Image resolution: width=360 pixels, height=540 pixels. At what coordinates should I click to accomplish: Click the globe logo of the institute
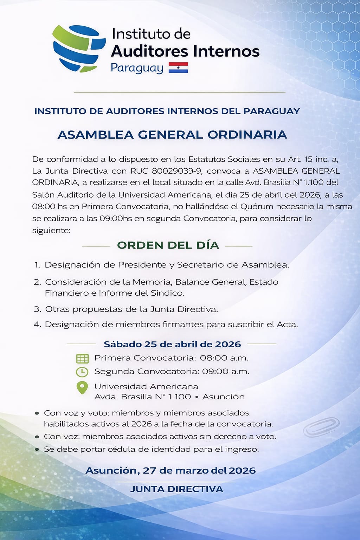coord(79,49)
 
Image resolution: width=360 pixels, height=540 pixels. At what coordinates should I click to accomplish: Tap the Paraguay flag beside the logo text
coord(178,67)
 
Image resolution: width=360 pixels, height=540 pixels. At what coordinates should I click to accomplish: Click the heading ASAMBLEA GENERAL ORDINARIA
coord(172,135)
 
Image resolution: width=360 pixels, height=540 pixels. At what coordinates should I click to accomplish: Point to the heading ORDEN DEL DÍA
coord(168,245)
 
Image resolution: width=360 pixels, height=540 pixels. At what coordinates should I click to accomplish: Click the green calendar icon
coord(82,359)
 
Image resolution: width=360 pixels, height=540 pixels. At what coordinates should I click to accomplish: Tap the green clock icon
coord(82,372)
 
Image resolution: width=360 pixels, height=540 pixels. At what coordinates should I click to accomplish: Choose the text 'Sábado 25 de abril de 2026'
coord(172,344)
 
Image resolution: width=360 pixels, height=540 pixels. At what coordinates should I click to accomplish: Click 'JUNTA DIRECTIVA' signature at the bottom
coord(176,489)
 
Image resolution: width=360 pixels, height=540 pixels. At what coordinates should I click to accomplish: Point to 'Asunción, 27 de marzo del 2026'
coord(171,471)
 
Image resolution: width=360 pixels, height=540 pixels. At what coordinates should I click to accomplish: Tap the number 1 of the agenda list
coord(37,265)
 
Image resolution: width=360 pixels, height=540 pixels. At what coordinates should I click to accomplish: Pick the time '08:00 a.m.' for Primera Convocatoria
coord(224,358)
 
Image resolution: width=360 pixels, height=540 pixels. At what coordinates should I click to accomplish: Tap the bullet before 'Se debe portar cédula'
coord(37,450)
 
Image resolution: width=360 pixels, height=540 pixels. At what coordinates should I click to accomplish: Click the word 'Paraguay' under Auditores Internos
coord(137,68)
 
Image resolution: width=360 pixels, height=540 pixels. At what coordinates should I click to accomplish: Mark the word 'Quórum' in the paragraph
coord(244,206)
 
